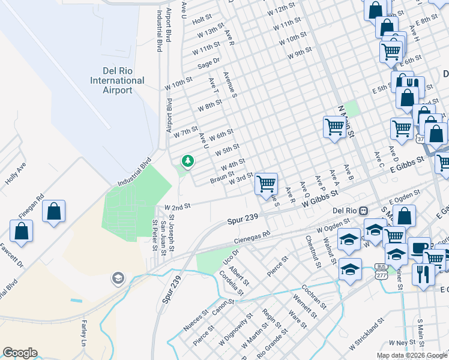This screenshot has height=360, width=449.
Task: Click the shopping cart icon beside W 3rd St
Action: coord(265,183)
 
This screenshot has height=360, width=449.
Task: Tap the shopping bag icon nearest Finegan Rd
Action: coord(53,211)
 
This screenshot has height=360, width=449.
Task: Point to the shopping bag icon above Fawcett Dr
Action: coord(22,231)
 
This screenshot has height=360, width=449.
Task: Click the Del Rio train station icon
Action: coord(363,211)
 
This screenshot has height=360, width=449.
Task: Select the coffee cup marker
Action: coord(418,247)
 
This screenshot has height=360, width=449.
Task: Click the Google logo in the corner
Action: coord(20,353)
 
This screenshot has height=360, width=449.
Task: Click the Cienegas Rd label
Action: coord(252,239)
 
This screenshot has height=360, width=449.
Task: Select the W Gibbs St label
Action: coord(321,199)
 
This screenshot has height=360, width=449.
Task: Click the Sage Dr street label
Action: coord(209,61)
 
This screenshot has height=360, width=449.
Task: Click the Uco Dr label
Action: coord(226,257)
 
